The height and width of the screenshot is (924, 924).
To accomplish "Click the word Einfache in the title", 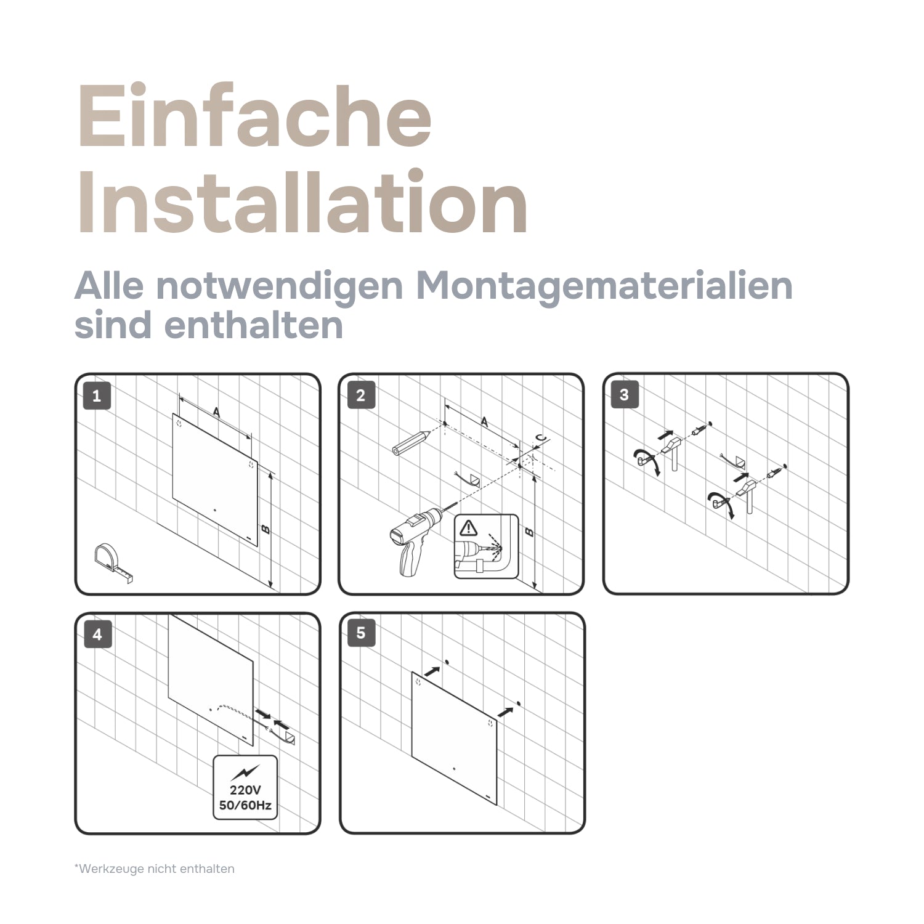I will pos(254,117).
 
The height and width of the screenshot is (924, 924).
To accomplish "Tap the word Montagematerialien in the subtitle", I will pos(604,286).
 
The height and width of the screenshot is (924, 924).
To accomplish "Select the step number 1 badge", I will pos(97,395).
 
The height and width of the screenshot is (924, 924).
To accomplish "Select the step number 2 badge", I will pos(360,395).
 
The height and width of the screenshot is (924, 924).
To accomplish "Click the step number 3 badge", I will pos(624,395).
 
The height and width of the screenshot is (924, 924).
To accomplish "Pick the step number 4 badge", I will pos(97,634).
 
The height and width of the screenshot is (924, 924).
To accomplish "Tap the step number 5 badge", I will pos(360,633).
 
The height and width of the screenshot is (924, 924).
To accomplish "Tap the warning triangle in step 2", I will pos(469,528).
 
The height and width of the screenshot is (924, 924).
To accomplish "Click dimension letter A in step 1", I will pos(216,412).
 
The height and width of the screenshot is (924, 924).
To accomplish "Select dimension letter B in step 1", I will pos(265,529).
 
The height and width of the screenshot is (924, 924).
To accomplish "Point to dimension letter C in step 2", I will pos(540,438).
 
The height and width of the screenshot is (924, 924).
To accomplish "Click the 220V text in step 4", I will pos(245,790).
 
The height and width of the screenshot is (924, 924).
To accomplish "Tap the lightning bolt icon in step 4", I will pos(245,772).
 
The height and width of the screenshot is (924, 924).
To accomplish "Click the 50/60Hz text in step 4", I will pos(245,805).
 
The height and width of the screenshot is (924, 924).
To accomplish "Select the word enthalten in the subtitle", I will pos(254,325).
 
